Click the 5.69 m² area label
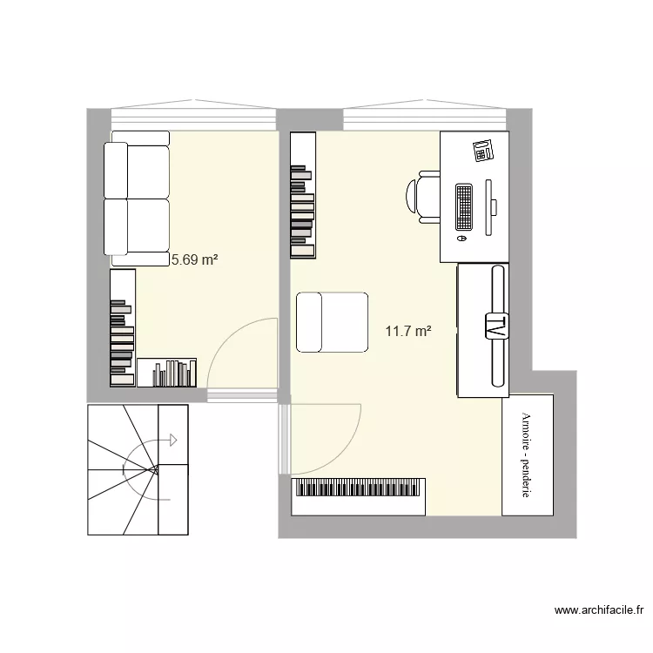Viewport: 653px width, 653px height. pos(194,259)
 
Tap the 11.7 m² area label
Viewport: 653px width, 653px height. pos(408,331)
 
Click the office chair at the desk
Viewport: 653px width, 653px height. pos(424,197)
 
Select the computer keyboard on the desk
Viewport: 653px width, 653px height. pos(463,207)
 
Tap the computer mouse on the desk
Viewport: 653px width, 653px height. pos(461,238)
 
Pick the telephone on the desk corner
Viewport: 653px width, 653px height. pos(484,150)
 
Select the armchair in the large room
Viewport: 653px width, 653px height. pos(331,322)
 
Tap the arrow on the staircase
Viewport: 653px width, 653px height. pos(172,440)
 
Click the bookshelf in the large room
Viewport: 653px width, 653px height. pos(302,195)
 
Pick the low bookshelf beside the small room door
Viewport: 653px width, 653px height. pos(168,372)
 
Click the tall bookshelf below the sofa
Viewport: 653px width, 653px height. pos(123,327)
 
